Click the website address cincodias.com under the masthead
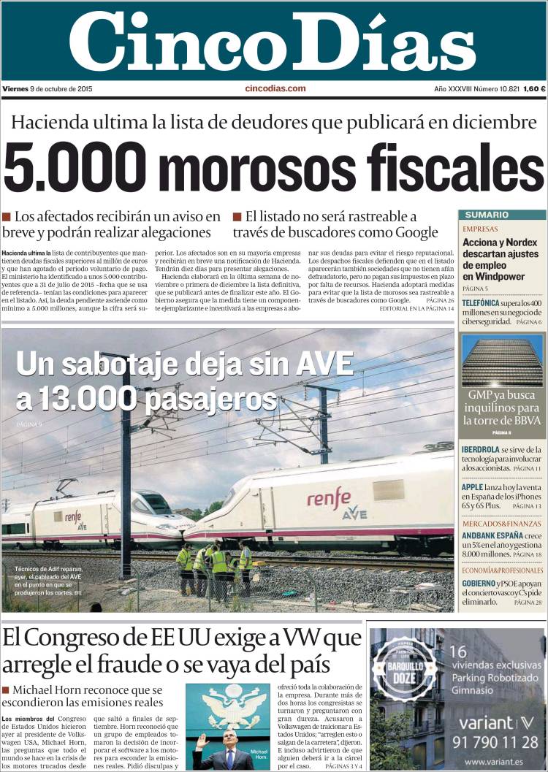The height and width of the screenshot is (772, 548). [x=275, y=88]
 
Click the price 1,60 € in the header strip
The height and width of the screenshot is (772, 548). [x=533, y=89]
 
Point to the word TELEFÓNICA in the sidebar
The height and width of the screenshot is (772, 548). [x=481, y=302]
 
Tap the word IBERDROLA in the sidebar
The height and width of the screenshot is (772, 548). [x=481, y=449]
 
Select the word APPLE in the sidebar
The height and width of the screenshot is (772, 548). [x=473, y=487]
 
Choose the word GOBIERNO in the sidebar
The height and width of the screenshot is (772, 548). [x=479, y=584]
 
